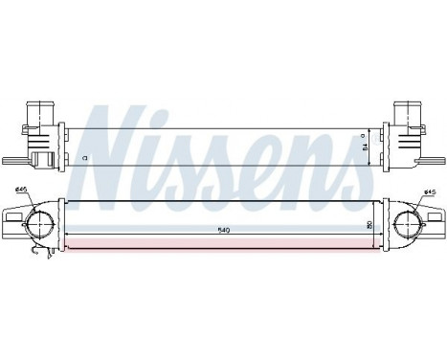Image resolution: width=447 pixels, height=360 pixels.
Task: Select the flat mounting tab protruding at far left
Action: (9, 164)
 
